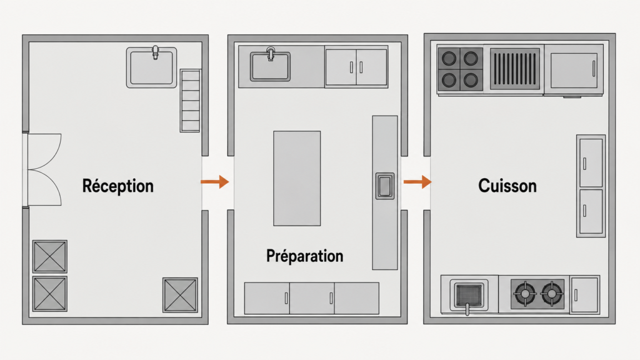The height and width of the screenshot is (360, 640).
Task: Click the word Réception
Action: click(118, 186)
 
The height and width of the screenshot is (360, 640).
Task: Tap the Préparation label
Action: click(305, 256)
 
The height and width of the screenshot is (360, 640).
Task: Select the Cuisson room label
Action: click(507, 186)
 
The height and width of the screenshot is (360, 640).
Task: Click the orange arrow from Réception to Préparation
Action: click(215, 182)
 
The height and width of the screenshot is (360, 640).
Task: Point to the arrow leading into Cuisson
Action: click(417, 182)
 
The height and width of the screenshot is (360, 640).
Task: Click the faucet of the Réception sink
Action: click(155, 52)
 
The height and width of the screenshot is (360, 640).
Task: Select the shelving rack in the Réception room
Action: click(190, 101)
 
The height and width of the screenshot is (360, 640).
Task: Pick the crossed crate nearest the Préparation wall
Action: click(180, 295)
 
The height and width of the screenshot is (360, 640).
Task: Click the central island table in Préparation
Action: click(297, 178)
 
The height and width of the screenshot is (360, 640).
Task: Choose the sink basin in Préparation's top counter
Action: click(270, 66)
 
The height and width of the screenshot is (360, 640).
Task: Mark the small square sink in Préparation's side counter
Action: click(385, 186)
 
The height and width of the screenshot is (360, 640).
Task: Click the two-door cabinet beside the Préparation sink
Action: click(356, 67)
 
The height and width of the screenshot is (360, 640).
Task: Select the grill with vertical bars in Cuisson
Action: click(515, 69)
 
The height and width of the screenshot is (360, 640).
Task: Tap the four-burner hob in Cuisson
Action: click(460, 69)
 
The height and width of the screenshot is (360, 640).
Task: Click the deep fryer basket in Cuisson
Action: click(469, 295)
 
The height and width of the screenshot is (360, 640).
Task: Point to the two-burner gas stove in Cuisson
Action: click(538, 294)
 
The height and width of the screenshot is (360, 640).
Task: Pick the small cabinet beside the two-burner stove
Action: click(585, 295)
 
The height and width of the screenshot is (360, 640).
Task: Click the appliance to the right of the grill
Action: click(574, 70)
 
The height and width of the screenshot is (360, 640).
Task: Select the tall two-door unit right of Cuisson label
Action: click(591, 186)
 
